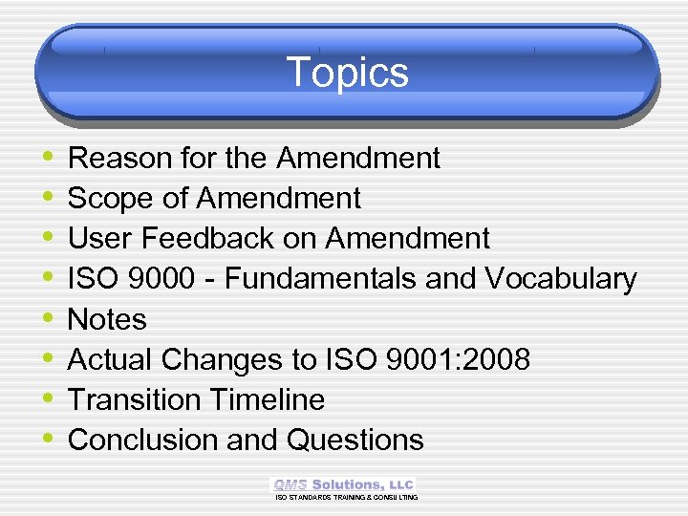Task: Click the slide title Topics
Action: click(x=347, y=73)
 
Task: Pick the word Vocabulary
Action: click(x=561, y=278)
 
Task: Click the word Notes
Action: click(x=107, y=319)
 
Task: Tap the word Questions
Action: click(x=355, y=440)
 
